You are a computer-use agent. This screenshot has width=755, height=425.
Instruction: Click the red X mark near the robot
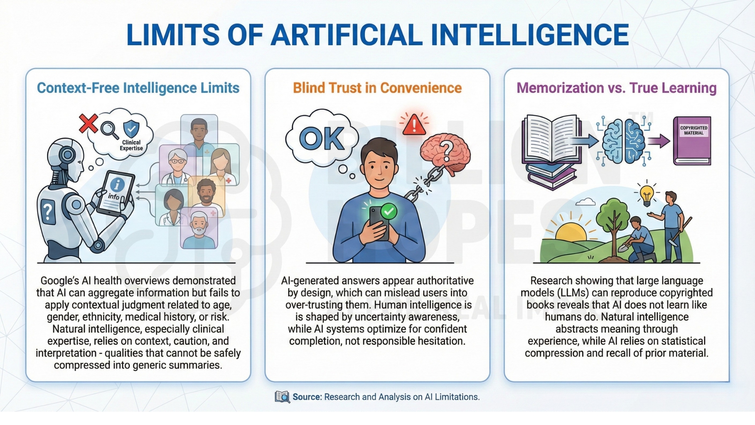point(88,123)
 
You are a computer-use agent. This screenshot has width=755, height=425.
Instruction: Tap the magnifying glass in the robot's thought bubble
point(110,130)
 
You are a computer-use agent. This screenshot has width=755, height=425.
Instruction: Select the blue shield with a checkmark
point(131,129)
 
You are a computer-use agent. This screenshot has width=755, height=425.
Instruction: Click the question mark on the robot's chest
point(48,212)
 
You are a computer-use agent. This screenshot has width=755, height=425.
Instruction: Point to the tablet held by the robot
point(116,193)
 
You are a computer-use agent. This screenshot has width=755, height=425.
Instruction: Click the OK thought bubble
point(321,138)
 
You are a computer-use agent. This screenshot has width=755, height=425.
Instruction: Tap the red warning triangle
point(414,125)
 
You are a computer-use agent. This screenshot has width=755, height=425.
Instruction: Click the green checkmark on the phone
point(389,211)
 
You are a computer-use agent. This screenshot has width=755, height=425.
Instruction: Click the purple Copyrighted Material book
point(692,140)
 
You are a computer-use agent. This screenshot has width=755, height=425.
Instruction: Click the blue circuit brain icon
point(624,140)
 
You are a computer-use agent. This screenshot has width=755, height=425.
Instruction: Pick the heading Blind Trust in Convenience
point(377,88)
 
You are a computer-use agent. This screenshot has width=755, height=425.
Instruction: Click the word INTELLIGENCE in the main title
point(530,35)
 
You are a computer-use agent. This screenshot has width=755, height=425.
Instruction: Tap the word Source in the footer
point(307,397)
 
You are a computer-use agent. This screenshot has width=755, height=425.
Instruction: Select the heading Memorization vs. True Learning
point(617,88)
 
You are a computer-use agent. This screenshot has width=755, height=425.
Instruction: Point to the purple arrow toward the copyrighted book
point(659,141)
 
